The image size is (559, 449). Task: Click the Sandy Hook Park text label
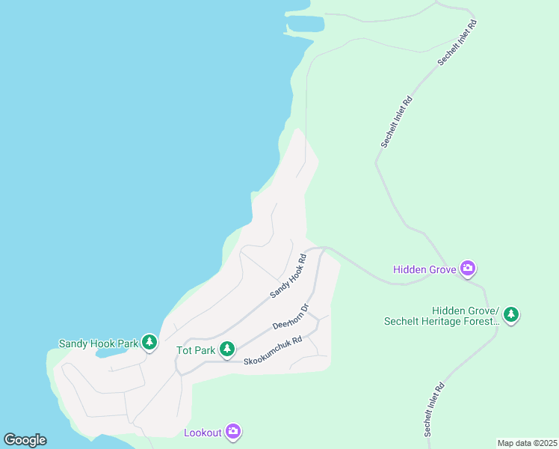click(x=98, y=343)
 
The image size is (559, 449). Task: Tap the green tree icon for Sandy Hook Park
click(x=149, y=343)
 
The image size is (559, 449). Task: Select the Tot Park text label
click(x=196, y=349)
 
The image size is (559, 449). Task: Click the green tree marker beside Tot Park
click(x=226, y=349)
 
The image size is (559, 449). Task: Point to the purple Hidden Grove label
click(x=425, y=269)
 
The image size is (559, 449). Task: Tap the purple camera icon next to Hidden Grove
click(x=468, y=268)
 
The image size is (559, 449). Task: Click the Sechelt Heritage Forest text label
click(x=441, y=316)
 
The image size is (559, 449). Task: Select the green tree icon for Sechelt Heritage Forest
click(x=511, y=314)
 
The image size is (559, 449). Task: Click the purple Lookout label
click(x=203, y=433)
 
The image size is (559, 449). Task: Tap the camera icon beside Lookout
click(x=233, y=431)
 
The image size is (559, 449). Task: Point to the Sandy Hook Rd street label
click(x=288, y=276)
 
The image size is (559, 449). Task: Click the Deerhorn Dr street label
click(x=291, y=317)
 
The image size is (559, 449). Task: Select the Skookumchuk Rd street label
click(x=273, y=350)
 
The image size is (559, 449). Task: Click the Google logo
click(x=25, y=439)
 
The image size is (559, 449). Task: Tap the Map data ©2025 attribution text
click(x=527, y=443)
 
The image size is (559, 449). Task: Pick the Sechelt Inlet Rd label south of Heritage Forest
click(x=434, y=409)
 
